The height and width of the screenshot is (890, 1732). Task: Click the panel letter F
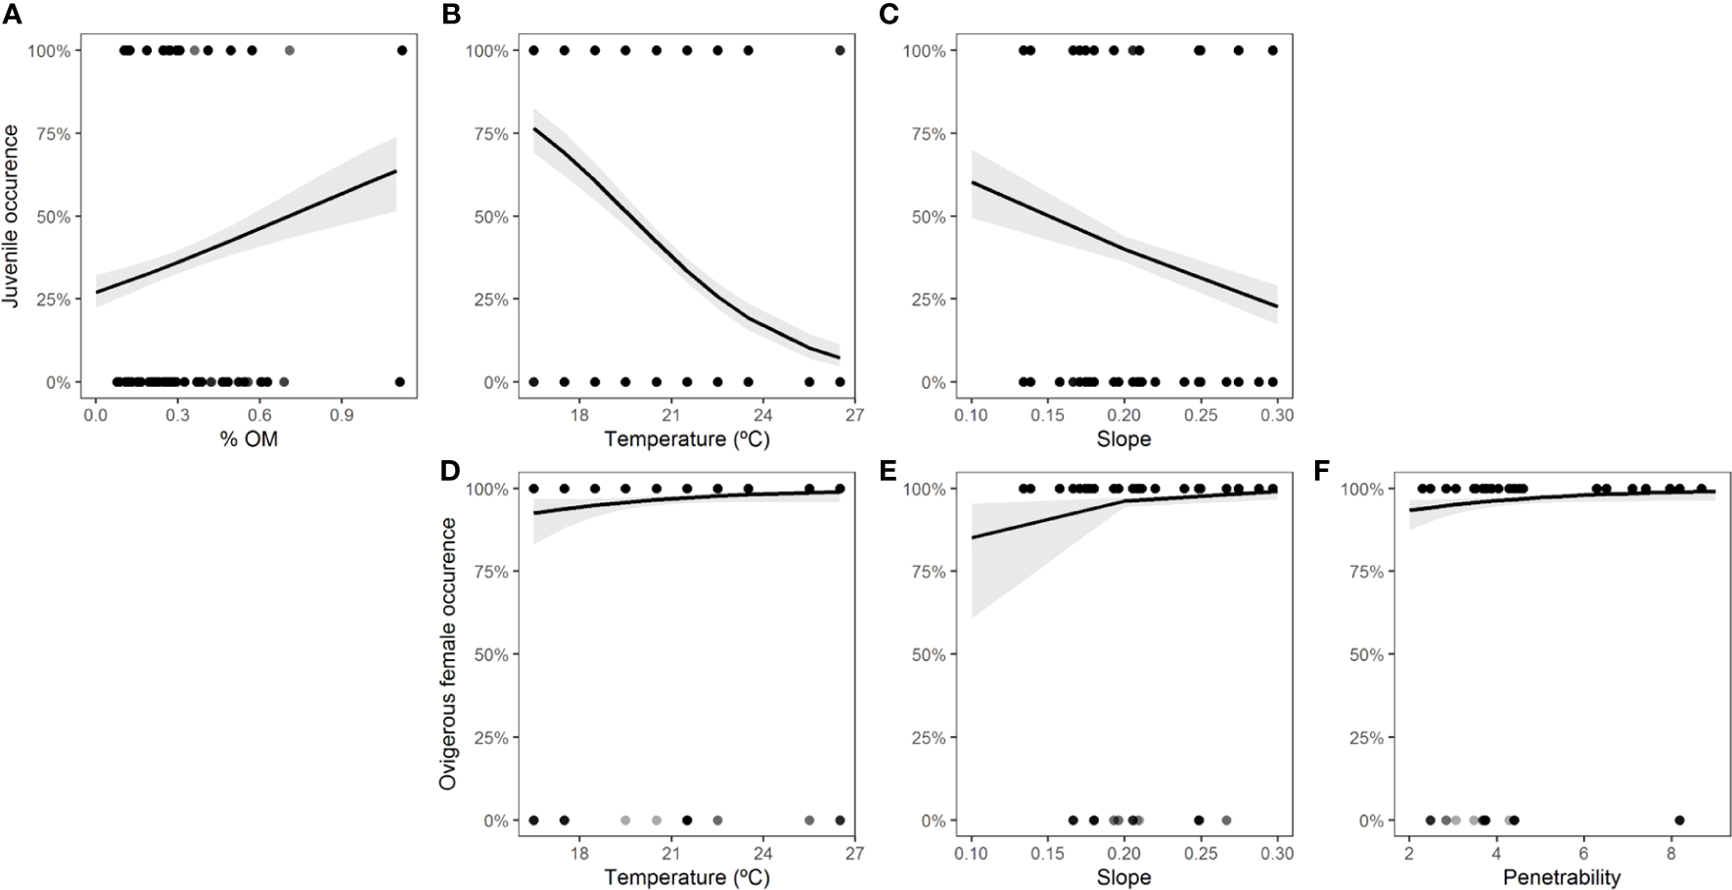click(1322, 473)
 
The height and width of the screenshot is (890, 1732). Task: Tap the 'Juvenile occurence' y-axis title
click(12, 216)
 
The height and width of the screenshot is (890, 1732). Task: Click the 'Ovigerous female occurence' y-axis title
click(448, 654)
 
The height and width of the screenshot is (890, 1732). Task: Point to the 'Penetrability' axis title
click(1562, 877)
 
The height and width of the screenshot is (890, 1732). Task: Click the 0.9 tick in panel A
click(341, 414)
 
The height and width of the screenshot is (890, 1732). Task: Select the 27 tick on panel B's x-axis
click(854, 414)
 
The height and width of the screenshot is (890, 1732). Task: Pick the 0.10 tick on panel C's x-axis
click(972, 414)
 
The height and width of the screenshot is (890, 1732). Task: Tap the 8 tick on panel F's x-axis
click(1671, 853)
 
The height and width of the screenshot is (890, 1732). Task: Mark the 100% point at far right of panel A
click(401, 50)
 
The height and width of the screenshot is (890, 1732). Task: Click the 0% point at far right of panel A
click(399, 382)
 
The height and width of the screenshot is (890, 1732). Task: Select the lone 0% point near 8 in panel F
click(1679, 820)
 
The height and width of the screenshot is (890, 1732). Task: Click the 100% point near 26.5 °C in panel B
click(840, 50)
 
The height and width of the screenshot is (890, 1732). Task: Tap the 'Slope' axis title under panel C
click(1123, 440)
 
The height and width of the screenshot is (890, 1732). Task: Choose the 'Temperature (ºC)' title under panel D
click(686, 877)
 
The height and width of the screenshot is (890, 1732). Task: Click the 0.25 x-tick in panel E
click(1201, 853)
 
